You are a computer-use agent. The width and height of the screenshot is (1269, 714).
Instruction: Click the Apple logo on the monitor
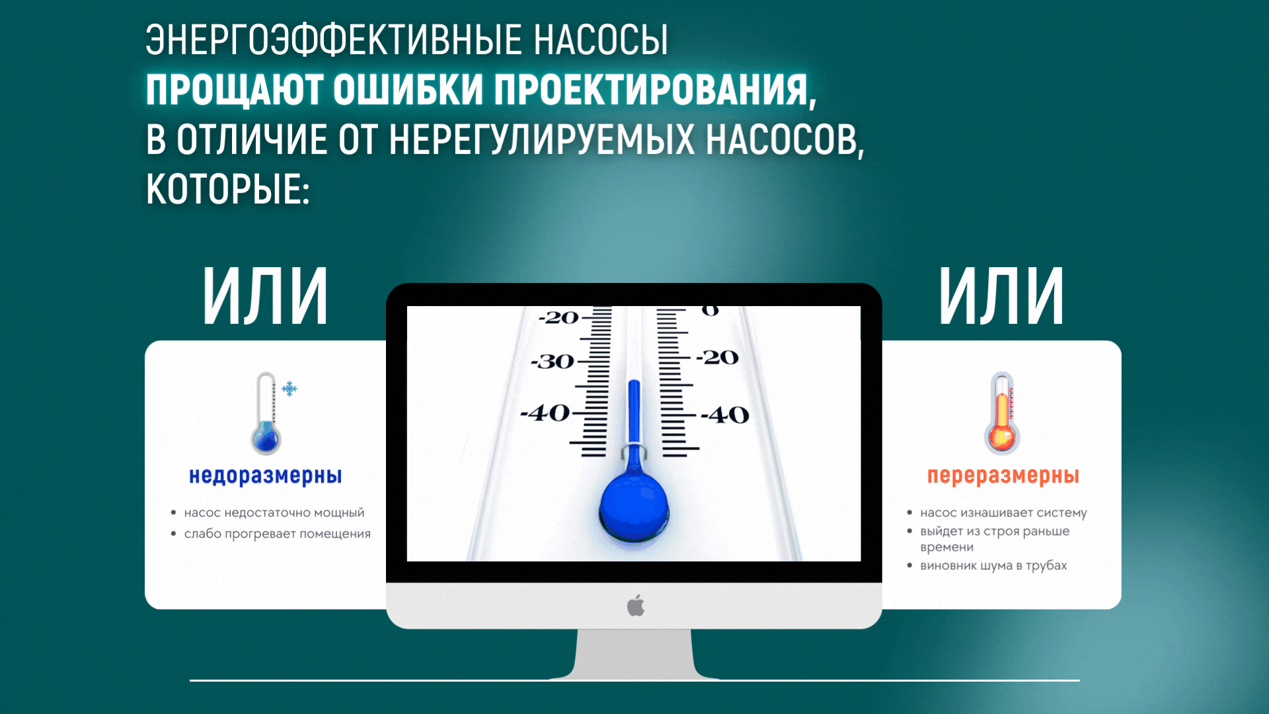point(636,605)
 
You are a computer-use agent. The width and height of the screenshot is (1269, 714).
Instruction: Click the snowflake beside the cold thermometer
point(289,389)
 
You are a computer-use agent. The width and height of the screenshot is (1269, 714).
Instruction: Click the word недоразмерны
point(266,476)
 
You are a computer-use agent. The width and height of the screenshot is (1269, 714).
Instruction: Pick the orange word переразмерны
point(1003,476)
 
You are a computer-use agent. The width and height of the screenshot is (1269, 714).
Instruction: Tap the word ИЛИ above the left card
point(265,296)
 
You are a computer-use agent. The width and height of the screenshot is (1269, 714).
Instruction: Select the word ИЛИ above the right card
point(1001,296)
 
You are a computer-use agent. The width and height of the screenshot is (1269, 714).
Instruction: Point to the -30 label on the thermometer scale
point(553,362)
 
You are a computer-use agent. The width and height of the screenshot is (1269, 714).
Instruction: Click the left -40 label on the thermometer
point(545,413)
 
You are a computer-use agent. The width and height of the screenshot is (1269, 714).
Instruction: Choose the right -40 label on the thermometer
point(725,415)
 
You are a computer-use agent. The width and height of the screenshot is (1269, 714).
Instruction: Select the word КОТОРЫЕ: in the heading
point(228,190)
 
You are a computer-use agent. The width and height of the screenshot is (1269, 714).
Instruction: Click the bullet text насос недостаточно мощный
point(274,513)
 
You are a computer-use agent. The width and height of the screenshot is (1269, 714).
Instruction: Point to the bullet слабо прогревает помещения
point(278,534)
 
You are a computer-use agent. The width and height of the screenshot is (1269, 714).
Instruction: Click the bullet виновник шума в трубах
point(993,566)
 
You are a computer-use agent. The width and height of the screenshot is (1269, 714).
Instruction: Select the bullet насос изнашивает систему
point(1003,513)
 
